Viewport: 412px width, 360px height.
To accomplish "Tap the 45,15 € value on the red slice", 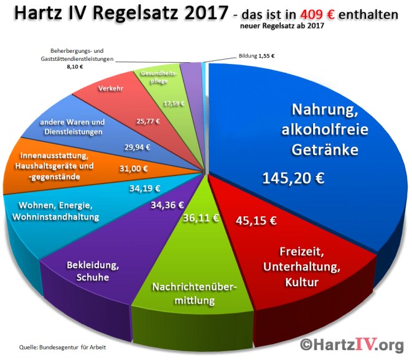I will coord(256,220).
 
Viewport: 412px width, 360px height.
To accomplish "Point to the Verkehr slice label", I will coord(111,89).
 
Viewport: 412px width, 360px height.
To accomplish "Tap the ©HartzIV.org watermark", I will coord(352,344).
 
